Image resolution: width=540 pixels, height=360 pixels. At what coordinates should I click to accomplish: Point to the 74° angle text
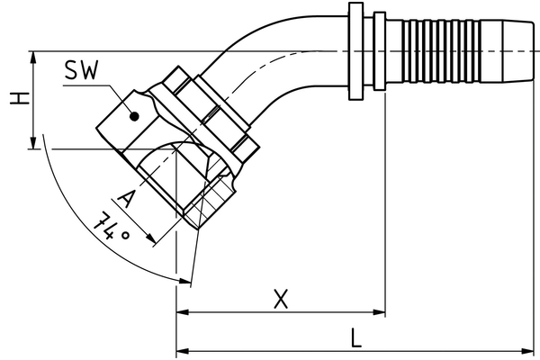pos(112,228)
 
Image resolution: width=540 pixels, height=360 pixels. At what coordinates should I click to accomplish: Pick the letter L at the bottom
pos(356,337)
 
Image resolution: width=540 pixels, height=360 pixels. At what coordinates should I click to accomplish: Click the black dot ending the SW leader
pos(133,115)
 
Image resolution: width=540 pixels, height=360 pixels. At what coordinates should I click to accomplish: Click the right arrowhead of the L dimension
pos(532,350)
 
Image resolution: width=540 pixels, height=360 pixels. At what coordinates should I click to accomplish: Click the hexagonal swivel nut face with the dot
pos(126,112)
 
